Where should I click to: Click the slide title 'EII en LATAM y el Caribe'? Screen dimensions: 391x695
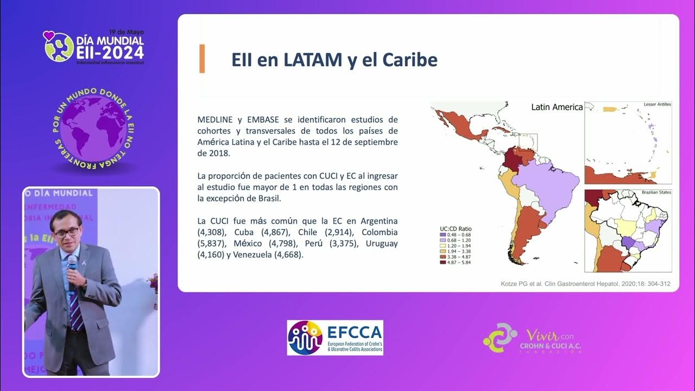[x=334, y=60]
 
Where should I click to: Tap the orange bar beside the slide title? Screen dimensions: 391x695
[x=202, y=59]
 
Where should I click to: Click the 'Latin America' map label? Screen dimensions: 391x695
[x=557, y=107]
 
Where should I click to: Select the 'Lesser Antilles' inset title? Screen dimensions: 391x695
[x=657, y=104]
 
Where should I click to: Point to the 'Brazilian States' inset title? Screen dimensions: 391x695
[x=656, y=192]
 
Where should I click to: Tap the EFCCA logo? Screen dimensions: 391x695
[x=335, y=338]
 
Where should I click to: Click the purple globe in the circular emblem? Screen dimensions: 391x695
[x=93, y=128]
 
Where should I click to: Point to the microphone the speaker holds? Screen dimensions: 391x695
[x=72, y=266]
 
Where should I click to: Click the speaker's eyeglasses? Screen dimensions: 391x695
[x=67, y=232]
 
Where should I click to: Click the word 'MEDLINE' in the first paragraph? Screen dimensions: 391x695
[x=216, y=119]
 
